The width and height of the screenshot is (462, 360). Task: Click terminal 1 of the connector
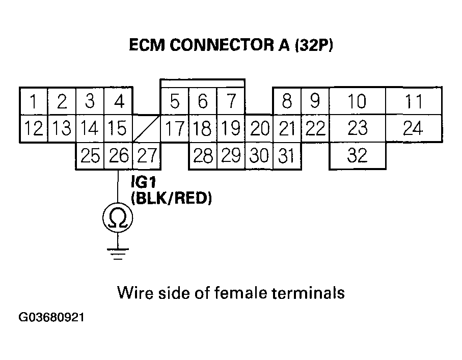tap(33, 102)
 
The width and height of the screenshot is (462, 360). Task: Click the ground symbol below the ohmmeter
tap(118, 253)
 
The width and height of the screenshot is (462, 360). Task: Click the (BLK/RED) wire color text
tap(171, 199)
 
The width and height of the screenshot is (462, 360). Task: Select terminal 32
tap(357, 155)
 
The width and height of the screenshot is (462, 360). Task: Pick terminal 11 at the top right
tap(413, 102)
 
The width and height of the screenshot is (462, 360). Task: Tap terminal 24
tap(413, 128)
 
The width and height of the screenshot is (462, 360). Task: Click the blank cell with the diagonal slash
tap(146, 129)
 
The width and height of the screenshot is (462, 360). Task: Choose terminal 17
tap(175, 129)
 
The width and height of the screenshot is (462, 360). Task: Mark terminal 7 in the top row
tap(231, 102)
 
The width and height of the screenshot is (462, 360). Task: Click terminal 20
tap(259, 129)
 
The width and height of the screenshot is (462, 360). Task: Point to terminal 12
tap(33, 129)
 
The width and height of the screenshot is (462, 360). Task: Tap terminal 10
tap(357, 102)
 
